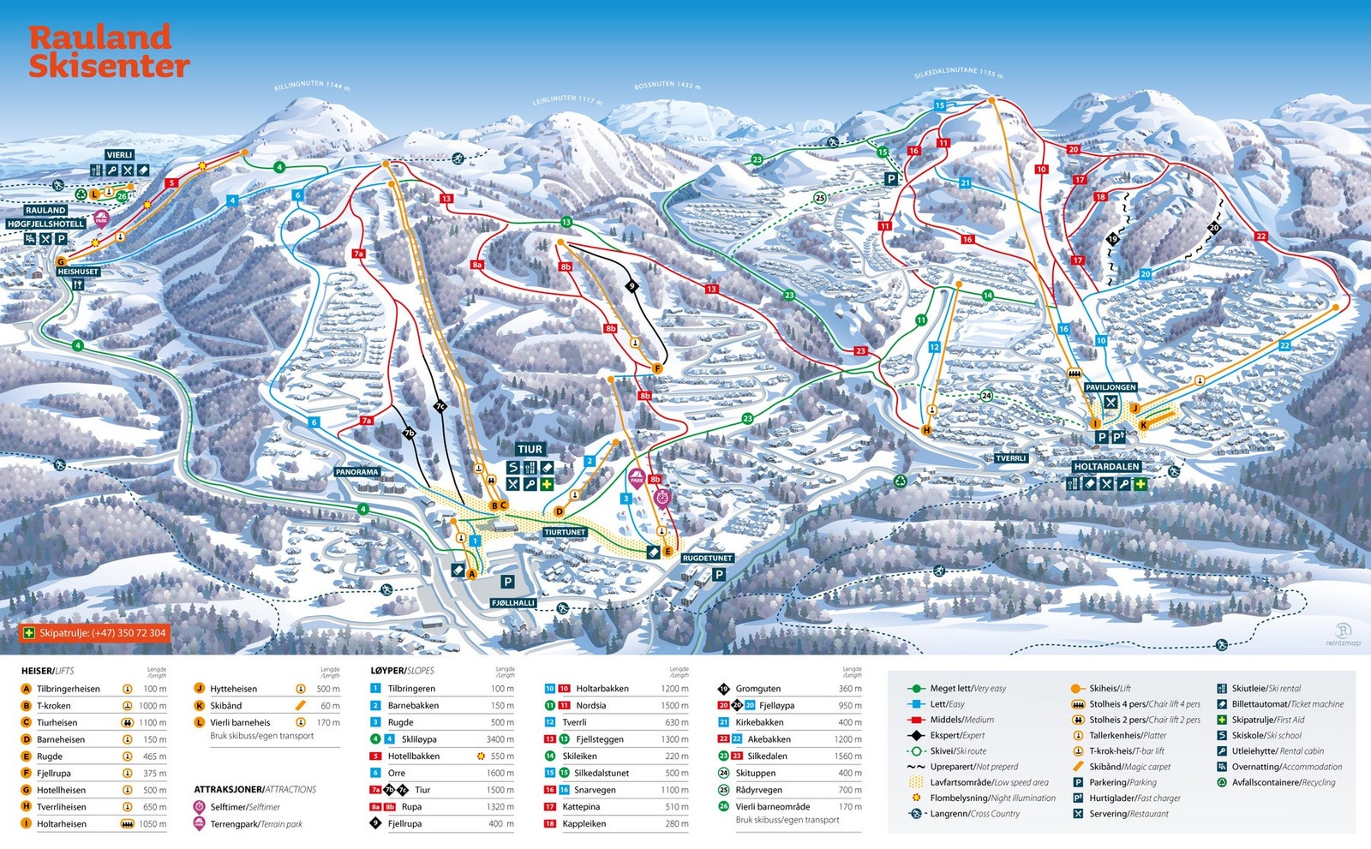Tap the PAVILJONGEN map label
pyautogui.click(x=1111, y=387)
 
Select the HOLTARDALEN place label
pyautogui.click(x=1106, y=467)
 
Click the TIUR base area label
pyautogui.click(x=530, y=449)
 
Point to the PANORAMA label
pyautogui.click(x=356, y=472)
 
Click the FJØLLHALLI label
pyautogui.click(x=513, y=603)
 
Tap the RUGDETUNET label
pyautogui.click(x=707, y=558)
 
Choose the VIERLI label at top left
pyautogui.click(x=119, y=155)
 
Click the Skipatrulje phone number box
pyautogui.click(x=95, y=633)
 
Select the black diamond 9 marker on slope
pyautogui.click(x=632, y=286)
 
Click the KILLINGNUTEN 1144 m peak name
pyautogui.click(x=312, y=86)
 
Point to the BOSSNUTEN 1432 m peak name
pyautogui.click(x=668, y=86)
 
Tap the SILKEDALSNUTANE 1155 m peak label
pyautogui.click(x=958, y=73)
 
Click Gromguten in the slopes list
pyautogui.click(x=757, y=689)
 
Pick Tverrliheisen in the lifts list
pyautogui.click(x=61, y=807)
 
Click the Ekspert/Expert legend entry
pyautogui.click(x=957, y=735)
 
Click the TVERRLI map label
pyautogui.click(x=1010, y=458)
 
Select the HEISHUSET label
pyautogui.click(x=78, y=272)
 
